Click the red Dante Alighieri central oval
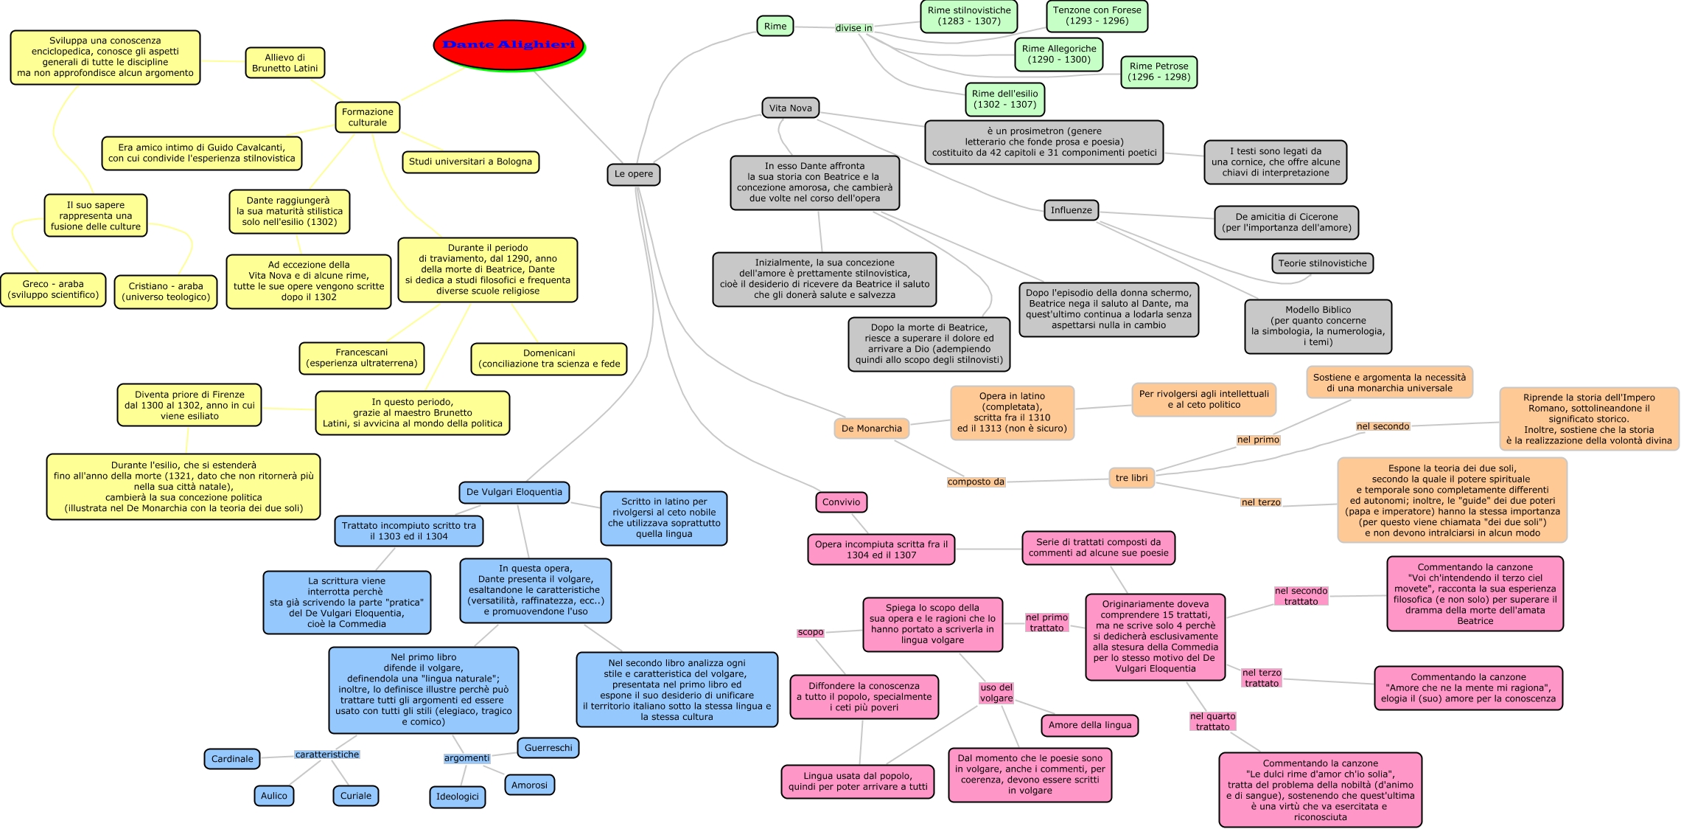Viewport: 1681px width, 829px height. point(509,45)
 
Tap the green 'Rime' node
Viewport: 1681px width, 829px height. point(775,26)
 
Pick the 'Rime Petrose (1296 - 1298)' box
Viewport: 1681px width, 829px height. point(1158,72)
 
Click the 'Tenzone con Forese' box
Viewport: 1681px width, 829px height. point(1097,15)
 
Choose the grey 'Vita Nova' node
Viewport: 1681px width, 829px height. point(790,108)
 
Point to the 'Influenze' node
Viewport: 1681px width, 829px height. point(1071,210)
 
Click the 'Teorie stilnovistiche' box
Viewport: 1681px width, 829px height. point(1322,263)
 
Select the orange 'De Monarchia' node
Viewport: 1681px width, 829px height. point(871,429)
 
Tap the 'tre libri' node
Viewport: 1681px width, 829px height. point(1131,478)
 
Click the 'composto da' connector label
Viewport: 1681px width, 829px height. point(976,482)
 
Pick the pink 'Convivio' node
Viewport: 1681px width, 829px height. point(841,502)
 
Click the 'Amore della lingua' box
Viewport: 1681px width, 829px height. point(1089,725)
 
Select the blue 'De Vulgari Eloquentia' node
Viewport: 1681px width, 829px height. point(514,492)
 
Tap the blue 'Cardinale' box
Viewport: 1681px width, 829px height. point(231,759)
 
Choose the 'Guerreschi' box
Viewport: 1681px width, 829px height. point(548,748)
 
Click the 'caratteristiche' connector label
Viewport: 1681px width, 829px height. point(326,755)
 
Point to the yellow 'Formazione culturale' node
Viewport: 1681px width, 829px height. point(367,117)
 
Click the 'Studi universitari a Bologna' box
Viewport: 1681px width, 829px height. point(470,162)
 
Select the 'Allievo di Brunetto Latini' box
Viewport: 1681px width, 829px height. point(284,63)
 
